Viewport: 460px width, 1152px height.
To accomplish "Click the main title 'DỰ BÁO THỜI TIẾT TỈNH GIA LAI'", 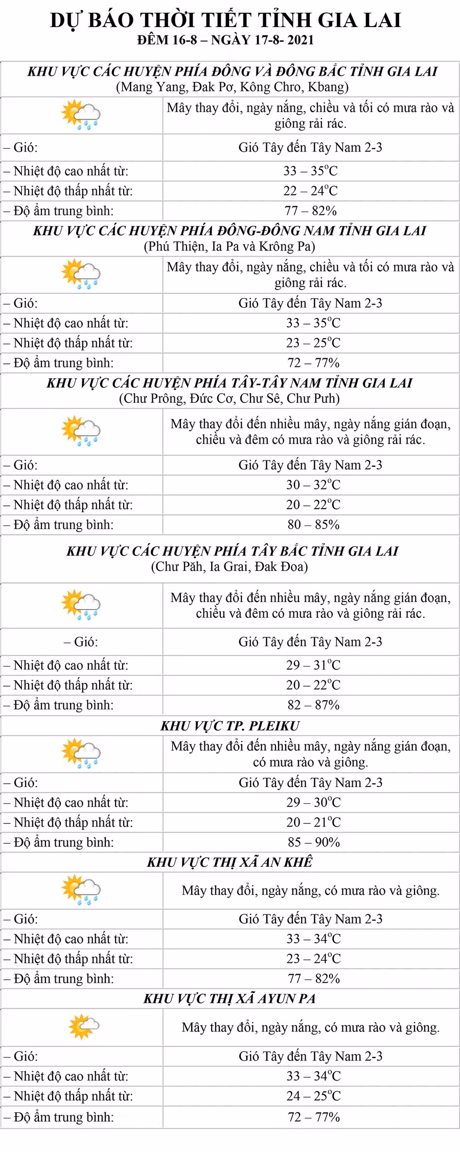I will click(x=225, y=20).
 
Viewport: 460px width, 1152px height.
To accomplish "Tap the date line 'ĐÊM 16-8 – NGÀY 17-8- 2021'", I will click(x=225, y=40).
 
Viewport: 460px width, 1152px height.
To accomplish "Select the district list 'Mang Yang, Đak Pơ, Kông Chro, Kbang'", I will click(x=233, y=87).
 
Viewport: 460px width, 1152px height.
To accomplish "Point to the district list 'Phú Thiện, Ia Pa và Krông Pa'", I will click(x=229, y=246).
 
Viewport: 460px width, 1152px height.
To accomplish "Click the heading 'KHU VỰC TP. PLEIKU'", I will click(x=230, y=726).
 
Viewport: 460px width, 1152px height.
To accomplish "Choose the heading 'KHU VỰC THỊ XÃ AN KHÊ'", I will click(x=230, y=862).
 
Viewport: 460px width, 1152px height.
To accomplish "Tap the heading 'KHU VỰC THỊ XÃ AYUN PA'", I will click(x=229, y=999).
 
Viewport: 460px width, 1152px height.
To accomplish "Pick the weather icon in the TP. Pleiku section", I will click(x=81, y=753).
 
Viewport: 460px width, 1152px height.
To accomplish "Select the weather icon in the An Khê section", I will click(x=81, y=890).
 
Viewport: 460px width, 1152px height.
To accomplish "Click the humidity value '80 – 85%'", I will click(x=313, y=524).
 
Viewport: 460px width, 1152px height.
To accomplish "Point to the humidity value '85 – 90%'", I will click(x=313, y=842).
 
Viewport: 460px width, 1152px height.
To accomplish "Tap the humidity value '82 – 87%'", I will click(x=313, y=705).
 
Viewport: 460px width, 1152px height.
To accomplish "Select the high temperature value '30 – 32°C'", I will click(x=313, y=485).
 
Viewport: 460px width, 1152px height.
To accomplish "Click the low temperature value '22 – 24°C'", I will click(x=311, y=191).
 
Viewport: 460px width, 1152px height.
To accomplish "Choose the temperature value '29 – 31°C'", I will click(x=313, y=665).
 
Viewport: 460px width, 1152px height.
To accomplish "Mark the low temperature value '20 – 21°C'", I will click(x=313, y=822).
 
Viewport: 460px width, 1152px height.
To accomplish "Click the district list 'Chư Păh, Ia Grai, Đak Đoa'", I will click(x=229, y=566).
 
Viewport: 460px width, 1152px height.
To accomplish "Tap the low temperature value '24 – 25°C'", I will click(x=313, y=1096).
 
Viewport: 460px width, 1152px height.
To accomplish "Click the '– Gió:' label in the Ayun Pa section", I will click(x=21, y=1056).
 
